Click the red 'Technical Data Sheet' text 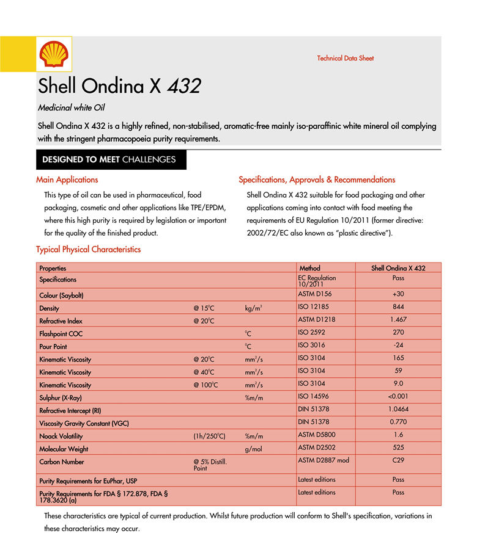[x=345, y=59]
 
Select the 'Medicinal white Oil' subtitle [x=72, y=108]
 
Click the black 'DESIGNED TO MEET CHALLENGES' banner [x=109, y=160]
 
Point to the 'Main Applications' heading [x=67, y=180]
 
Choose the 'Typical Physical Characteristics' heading [x=88, y=250]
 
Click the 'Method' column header [x=309, y=268]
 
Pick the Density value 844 [x=398, y=306]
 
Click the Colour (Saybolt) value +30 [x=398, y=294]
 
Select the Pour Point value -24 [x=398, y=345]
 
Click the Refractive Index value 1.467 [x=398, y=319]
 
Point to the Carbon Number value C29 [x=398, y=460]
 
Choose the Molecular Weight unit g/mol [x=253, y=449]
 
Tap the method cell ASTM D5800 [x=317, y=435]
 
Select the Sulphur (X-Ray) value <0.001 [x=398, y=396]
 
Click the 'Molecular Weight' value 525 [x=398, y=448]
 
